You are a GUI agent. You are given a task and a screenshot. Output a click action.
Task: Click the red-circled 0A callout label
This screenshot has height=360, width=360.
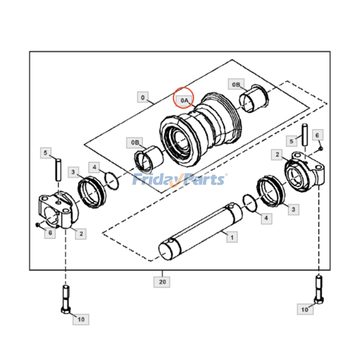tap(184, 101)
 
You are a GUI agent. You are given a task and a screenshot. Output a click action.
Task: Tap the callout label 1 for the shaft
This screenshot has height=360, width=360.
tap(232, 237)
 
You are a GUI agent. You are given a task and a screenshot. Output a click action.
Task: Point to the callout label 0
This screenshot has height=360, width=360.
tap(143, 97)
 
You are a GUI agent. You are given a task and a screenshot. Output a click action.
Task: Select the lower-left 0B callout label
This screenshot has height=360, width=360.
tap(135, 143)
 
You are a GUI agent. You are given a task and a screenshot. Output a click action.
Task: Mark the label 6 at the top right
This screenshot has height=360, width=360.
tap(316, 135)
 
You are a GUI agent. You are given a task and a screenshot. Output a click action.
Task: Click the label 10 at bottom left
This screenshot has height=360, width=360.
tap(81, 319)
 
